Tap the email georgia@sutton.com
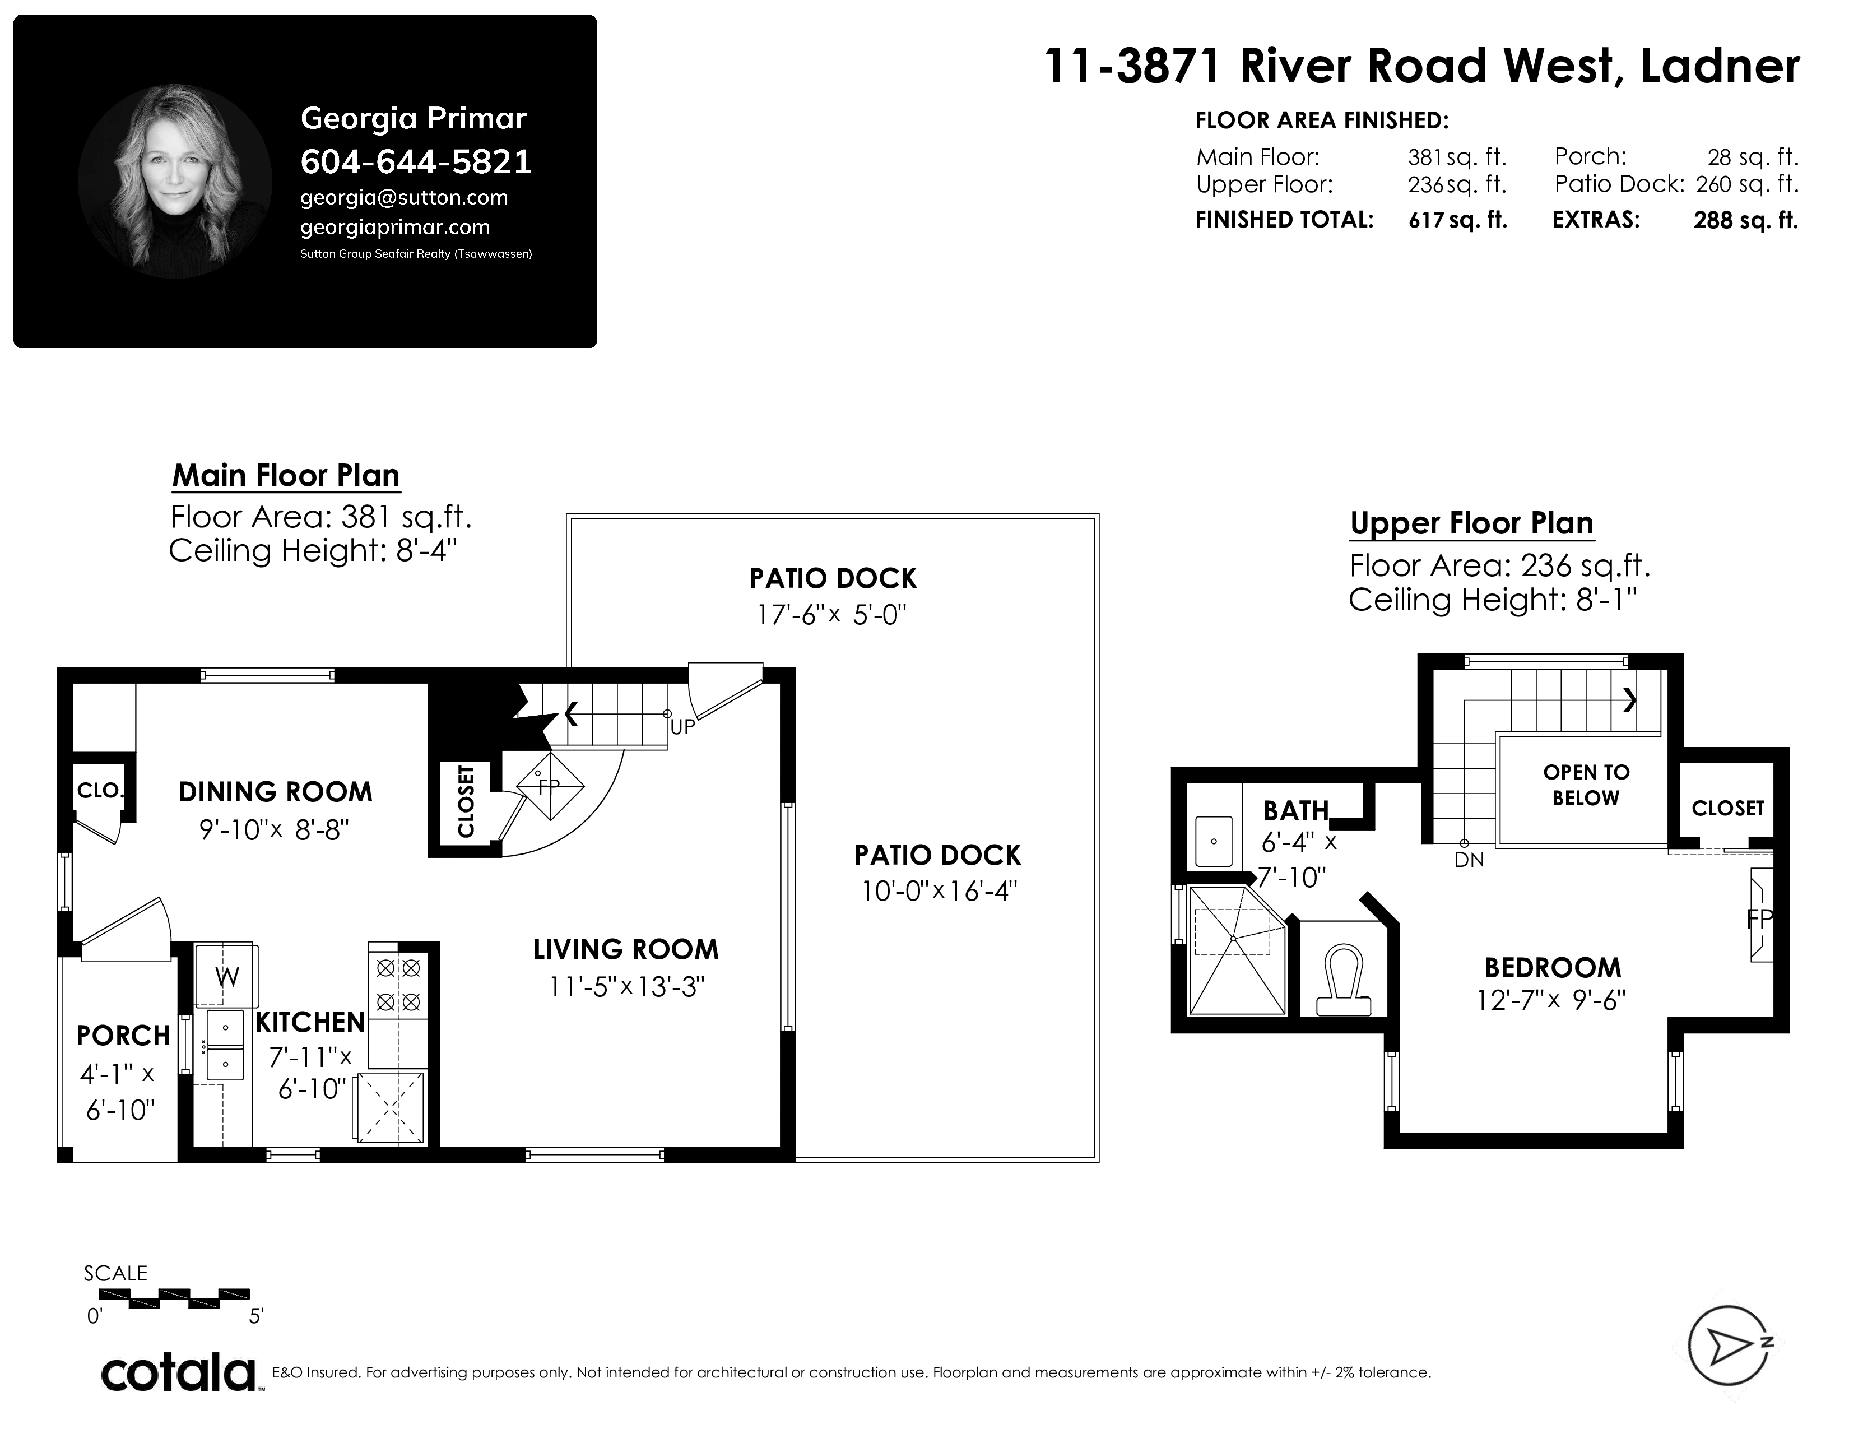404,198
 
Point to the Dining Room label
275,791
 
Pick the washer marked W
226,976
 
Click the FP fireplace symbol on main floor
550,786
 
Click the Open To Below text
1586,785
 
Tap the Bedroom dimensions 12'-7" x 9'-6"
1551,1001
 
